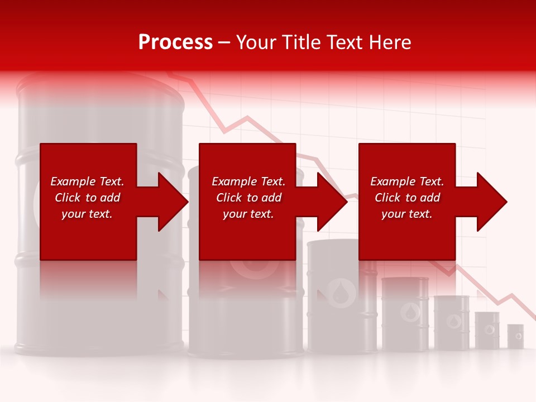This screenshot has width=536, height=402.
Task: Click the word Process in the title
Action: pos(175,42)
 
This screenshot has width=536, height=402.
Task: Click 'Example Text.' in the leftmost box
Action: pos(87,181)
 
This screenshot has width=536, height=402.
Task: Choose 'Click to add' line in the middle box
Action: pos(248,198)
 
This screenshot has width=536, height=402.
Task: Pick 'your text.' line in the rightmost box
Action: pos(407,214)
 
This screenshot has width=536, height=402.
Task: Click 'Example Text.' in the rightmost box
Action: pos(407,181)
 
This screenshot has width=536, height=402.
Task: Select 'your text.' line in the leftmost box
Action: pos(87,214)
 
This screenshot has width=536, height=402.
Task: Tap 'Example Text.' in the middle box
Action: pos(248,181)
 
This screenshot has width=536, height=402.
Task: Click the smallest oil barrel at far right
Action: pos(515,336)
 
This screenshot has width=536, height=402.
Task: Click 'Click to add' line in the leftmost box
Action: pos(87,198)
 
